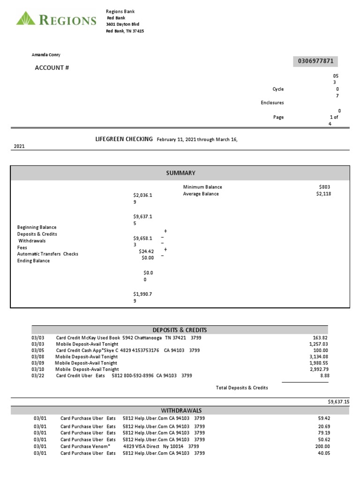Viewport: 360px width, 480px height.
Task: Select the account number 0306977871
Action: coord(315,61)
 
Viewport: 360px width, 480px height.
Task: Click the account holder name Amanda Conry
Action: coord(46,55)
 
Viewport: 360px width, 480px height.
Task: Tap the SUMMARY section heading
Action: coord(180,173)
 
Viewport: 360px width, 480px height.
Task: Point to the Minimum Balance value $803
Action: coord(324,187)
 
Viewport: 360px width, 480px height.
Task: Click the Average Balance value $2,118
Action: coord(323,194)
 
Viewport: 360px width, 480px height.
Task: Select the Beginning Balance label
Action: coord(37,227)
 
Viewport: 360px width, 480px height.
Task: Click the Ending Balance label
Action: coord(33,261)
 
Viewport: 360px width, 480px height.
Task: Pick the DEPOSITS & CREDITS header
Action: coord(180,330)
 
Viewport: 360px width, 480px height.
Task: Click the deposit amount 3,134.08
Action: coord(319,357)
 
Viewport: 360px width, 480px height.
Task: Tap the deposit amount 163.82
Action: coord(320,337)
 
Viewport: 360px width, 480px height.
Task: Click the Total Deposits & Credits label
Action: coord(242,388)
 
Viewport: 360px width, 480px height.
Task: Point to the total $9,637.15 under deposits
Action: coord(338,402)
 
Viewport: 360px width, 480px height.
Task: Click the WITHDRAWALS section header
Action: coord(180,411)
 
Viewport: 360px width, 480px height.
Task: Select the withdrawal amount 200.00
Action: coord(320,447)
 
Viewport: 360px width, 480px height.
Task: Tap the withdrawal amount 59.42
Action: coord(322,418)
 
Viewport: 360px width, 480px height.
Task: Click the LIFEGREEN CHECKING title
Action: coord(124,139)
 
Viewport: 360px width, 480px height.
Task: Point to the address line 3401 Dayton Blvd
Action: coord(122,24)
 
